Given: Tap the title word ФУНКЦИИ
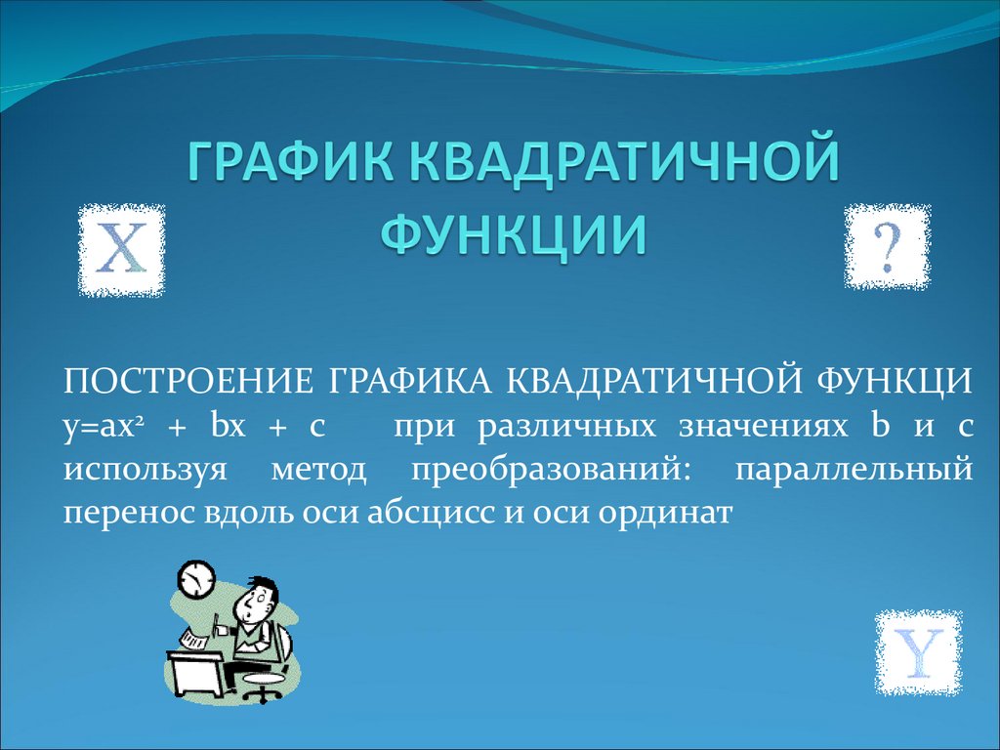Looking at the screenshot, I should pyautogui.click(x=512, y=233).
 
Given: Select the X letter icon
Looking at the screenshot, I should pyautogui.click(x=121, y=250).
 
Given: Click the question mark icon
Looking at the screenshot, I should pyautogui.click(x=887, y=246).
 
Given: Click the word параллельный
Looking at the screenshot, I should pyautogui.click(x=853, y=470).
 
